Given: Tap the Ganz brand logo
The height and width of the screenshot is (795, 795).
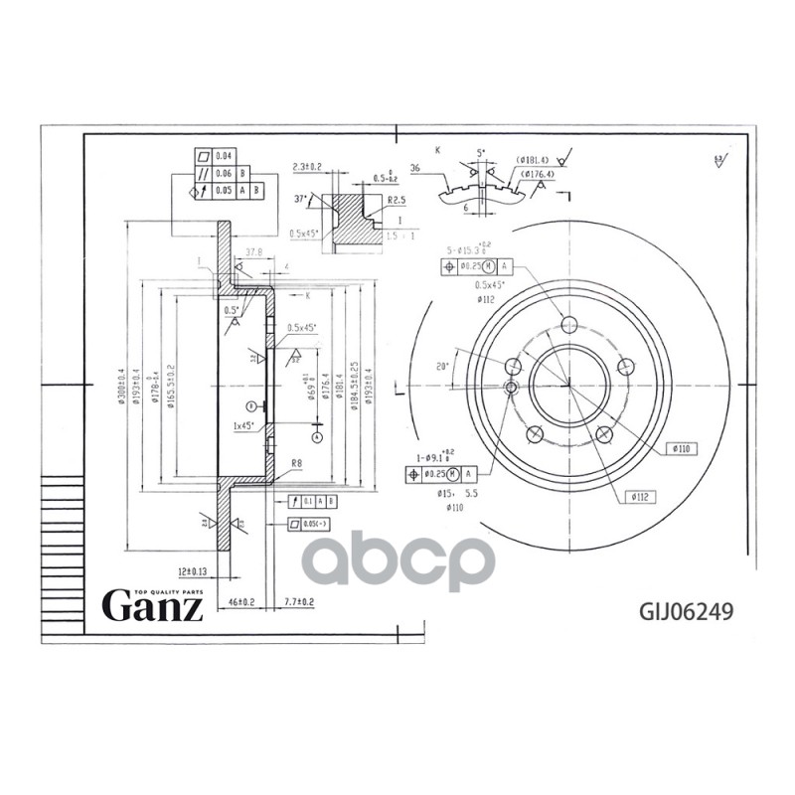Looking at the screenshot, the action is click(x=154, y=604).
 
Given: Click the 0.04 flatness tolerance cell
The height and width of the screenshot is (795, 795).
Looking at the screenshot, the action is click(x=224, y=156).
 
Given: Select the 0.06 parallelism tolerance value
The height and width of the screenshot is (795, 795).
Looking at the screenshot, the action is click(x=224, y=172).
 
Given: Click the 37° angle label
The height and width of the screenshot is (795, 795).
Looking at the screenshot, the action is click(x=300, y=198).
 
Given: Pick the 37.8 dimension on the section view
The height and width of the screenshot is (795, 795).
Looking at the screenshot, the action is click(x=252, y=252).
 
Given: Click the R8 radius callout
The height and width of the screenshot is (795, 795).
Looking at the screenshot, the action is click(x=295, y=463).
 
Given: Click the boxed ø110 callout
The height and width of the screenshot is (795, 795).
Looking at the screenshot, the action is click(x=681, y=449).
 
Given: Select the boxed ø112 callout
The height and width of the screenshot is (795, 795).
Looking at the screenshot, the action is click(x=638, y=494).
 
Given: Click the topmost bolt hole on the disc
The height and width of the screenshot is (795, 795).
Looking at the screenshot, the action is click(x=569, y=325).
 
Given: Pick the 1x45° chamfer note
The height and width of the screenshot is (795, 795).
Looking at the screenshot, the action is click(x=242, y=426).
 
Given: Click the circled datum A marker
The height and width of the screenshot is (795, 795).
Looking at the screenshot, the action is click(x=316, y=435).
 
